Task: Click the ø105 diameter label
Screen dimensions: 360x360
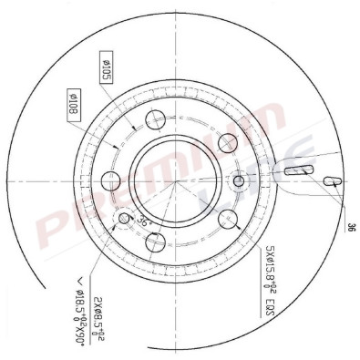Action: [105, 68]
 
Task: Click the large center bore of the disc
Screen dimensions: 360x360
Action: [177, 180]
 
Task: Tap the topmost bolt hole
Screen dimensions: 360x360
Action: [155, 118]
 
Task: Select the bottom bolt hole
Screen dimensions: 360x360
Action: [155, 242]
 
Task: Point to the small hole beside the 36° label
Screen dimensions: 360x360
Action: [125, 218]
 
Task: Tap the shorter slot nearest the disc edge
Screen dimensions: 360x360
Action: [333, 180]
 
